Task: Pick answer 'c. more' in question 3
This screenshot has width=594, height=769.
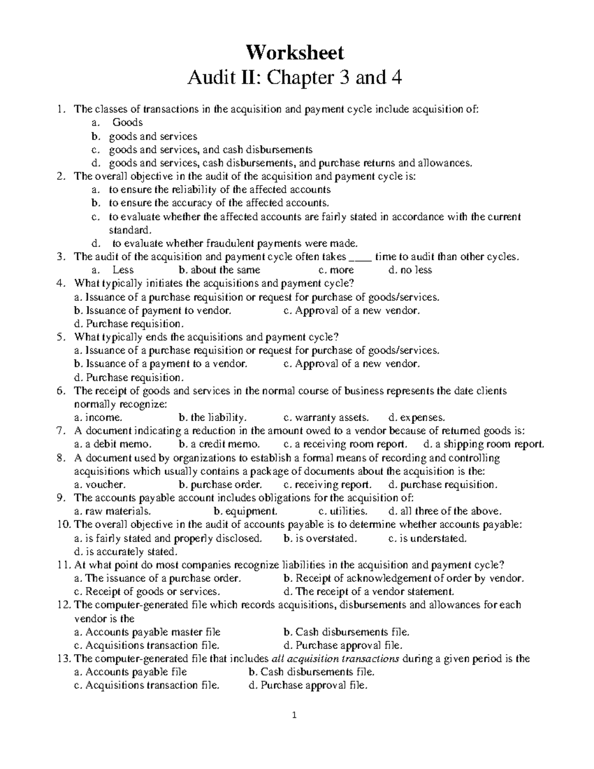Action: (x=336, y=270)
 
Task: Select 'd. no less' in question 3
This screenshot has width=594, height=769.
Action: (x=410, y=270)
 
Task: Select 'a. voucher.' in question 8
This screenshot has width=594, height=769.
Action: (x=99, y=485)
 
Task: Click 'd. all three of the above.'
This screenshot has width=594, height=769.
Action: (x=445, y=512)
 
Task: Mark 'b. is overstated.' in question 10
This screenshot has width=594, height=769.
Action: (x=320, y=538)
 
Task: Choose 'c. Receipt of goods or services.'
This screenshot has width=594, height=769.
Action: (x=147, y=592)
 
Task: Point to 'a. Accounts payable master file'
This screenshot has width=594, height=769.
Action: (x=147, y=632)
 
